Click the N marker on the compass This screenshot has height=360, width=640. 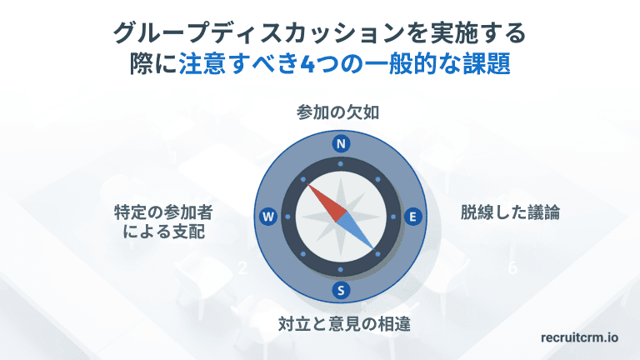click(x=340, y=143)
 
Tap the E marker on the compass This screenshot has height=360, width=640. click(x=411, y=216)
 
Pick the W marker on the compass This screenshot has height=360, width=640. click(x=268, y=217)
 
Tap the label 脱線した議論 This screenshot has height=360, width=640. click(x=510, y=212)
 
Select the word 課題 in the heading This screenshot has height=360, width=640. click(x=493, y=64)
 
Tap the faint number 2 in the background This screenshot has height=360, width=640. click(x=242, y=268)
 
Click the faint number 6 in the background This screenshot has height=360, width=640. click(x=512, y=268)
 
